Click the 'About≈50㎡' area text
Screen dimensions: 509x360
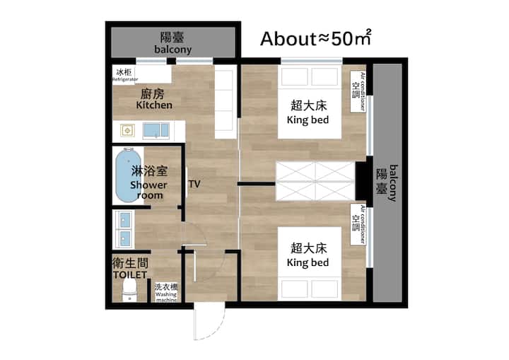point(315,38)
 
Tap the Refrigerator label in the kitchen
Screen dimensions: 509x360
point(125,79)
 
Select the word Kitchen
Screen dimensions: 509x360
point(154,105)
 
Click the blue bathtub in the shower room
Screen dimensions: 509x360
point(129,175)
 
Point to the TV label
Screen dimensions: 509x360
point(194,184)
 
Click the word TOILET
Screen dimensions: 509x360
point(130,275)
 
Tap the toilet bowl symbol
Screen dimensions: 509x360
point(129,290)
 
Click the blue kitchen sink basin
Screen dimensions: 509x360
point(156,130)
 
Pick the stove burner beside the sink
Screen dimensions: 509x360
point(127,131)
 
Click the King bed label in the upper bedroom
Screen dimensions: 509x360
point(308,120)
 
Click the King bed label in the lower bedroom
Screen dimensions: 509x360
point(308,262)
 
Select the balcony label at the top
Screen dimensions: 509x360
point(172,50)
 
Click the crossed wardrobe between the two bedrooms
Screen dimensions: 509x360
point(315,181)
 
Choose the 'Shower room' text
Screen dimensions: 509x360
point(148,190)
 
